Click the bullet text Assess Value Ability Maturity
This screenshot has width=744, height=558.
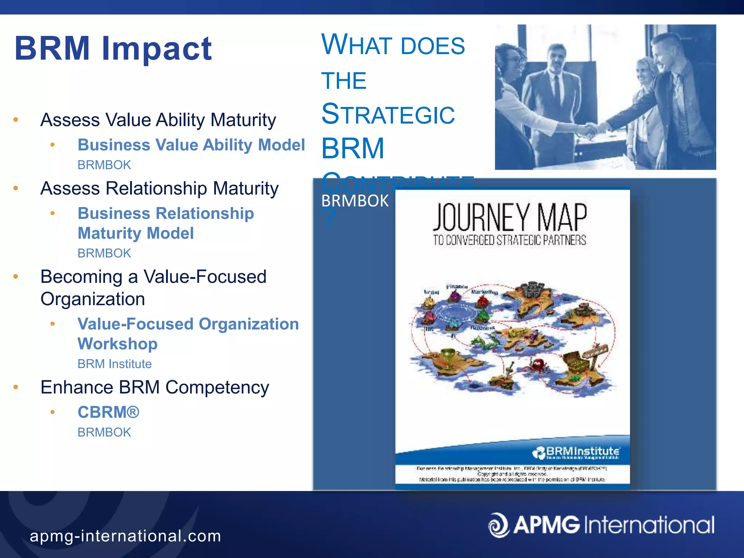click(158, 120)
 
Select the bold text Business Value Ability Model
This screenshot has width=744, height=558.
click(191, 145)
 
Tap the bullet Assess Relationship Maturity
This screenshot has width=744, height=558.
click(159, 188)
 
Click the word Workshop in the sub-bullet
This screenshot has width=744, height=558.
click(117, 344)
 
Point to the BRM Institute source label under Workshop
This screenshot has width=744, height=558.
click(114, 364)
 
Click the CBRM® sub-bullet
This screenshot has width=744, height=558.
click(108, 412)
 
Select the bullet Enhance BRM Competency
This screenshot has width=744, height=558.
click(154, 387)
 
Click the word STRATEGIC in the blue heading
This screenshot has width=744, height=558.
click(388, 114)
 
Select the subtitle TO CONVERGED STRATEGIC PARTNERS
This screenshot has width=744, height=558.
click(509, 240)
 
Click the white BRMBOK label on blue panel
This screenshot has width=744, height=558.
click(355, 201)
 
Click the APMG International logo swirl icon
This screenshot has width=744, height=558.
click(498, 525)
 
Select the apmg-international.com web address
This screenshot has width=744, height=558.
click(125, 536)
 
